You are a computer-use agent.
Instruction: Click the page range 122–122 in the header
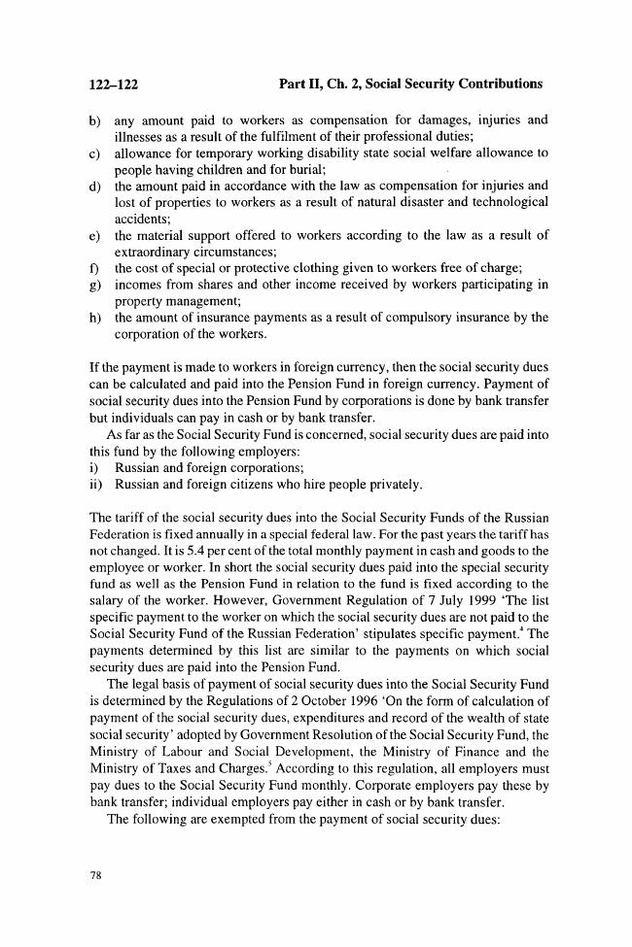(x=108, y=85)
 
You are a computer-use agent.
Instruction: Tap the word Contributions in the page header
(x=494, y=85)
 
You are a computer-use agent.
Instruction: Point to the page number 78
(x=95, y=876)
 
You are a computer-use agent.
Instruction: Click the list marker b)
(x=95, y=120)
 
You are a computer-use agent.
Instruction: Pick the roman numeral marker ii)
(x=96, y=483)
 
